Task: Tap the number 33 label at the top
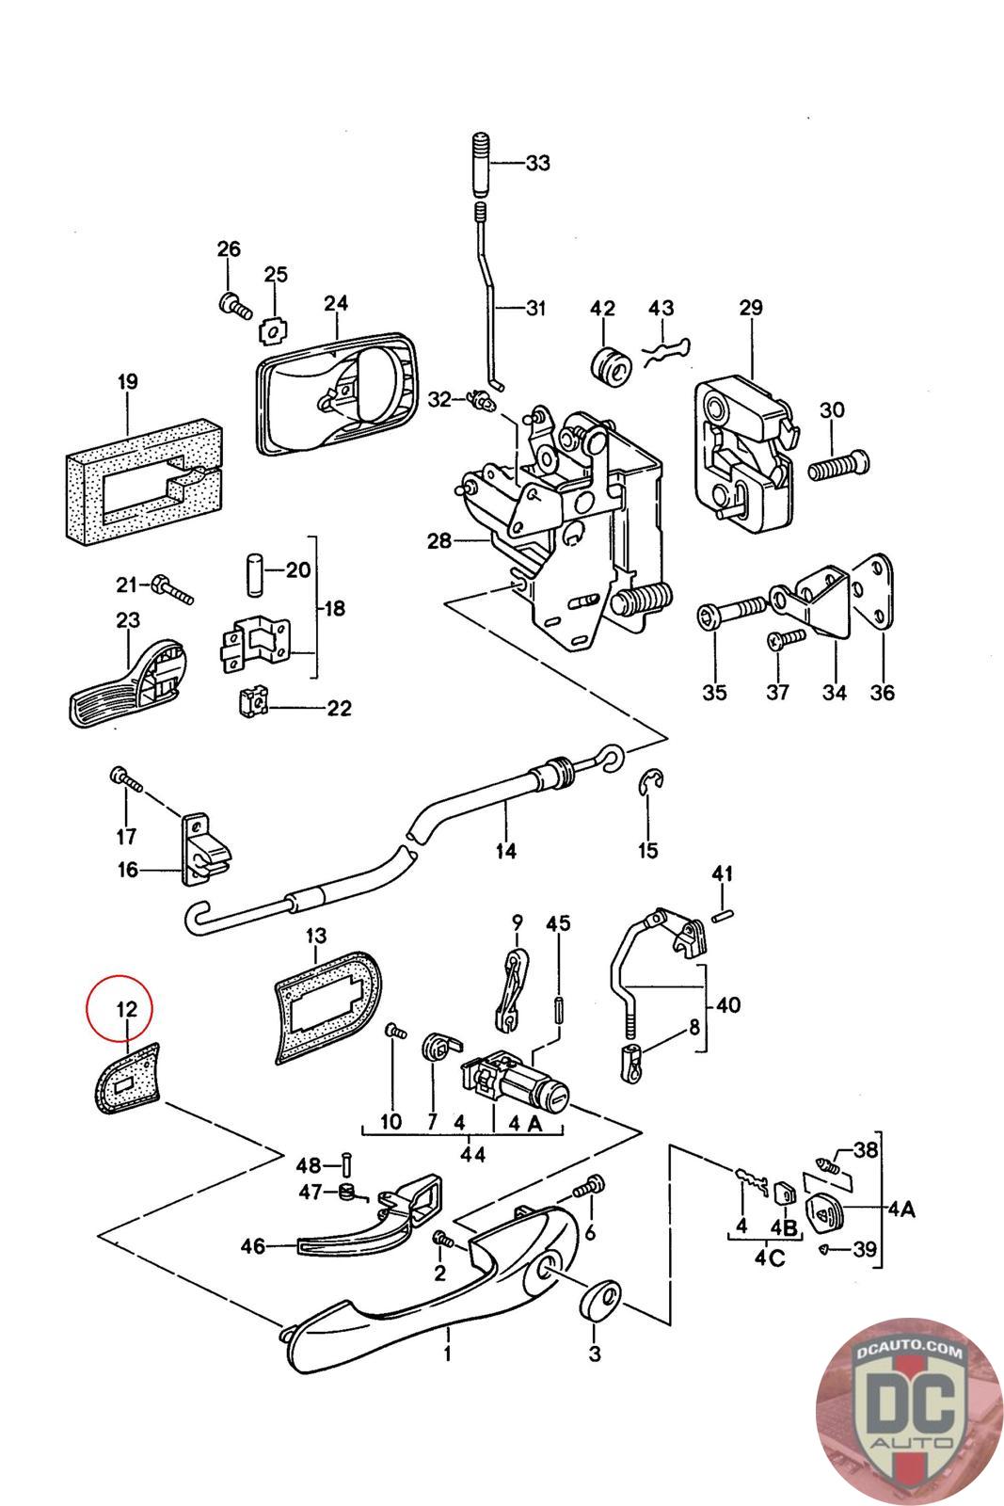tap(537, 163)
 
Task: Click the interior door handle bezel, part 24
tap(337, 395)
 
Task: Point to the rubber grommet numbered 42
tap(610, 366)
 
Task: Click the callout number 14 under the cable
tap(506, 851)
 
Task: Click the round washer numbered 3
tap(599, 1299)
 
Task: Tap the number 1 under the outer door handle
tap(448, 1355)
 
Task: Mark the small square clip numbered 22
tap(249, 701)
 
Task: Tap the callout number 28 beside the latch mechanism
tap(438, 541)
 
